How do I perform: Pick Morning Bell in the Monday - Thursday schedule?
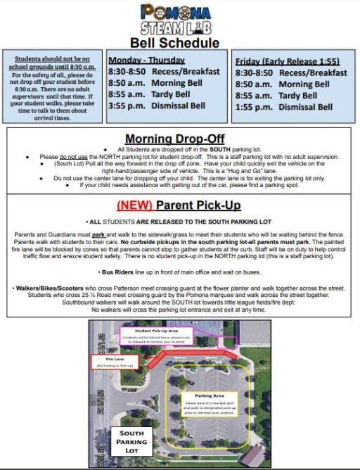pos(179,83)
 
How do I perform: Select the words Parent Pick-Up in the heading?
pos(198,205)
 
